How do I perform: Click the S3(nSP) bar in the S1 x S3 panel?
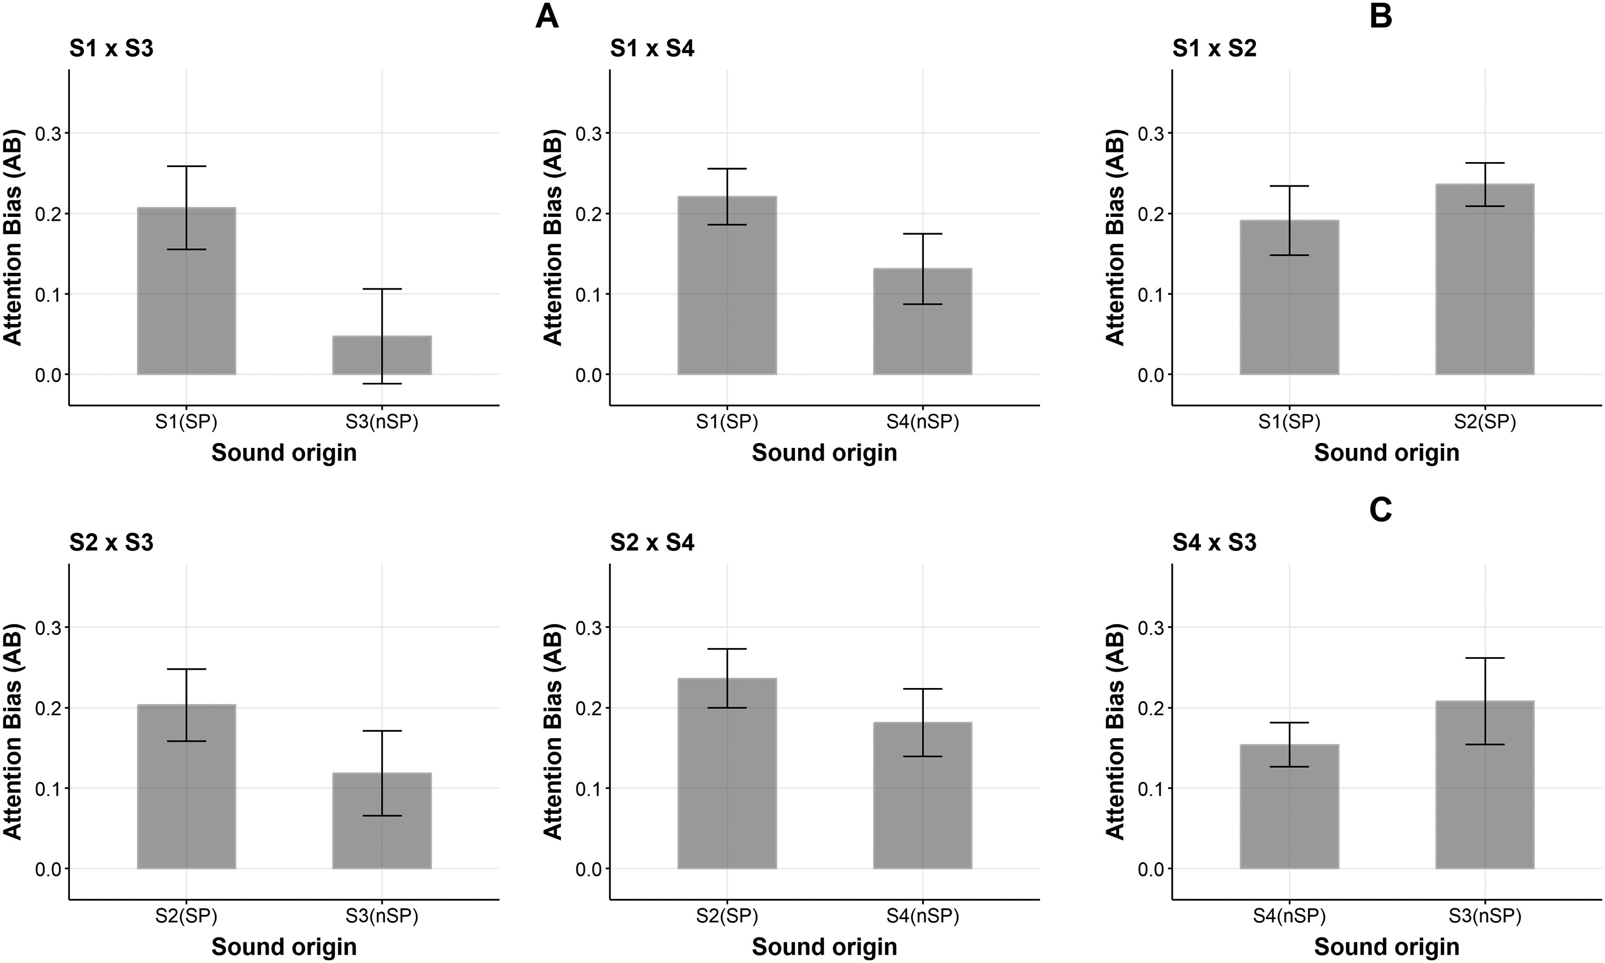[382, 355]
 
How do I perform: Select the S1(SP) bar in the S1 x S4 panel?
[727, 286]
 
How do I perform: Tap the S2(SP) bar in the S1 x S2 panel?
[1485, 280]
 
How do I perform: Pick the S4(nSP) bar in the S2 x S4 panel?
[922, 795]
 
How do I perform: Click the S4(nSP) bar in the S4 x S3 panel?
[1290, 807]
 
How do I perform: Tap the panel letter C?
[1381, 511]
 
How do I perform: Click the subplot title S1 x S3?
[112, 49]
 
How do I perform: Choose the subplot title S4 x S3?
[1215, 542]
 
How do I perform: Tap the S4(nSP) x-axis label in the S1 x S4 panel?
[922, 422]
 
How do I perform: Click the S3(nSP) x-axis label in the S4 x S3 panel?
[1485, 916]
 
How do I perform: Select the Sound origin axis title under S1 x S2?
[1387, 453]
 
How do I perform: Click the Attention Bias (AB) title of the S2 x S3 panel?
[13, 731]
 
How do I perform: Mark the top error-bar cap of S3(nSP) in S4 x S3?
[1485, 658]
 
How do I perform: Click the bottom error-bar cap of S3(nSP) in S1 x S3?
[382, 383]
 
